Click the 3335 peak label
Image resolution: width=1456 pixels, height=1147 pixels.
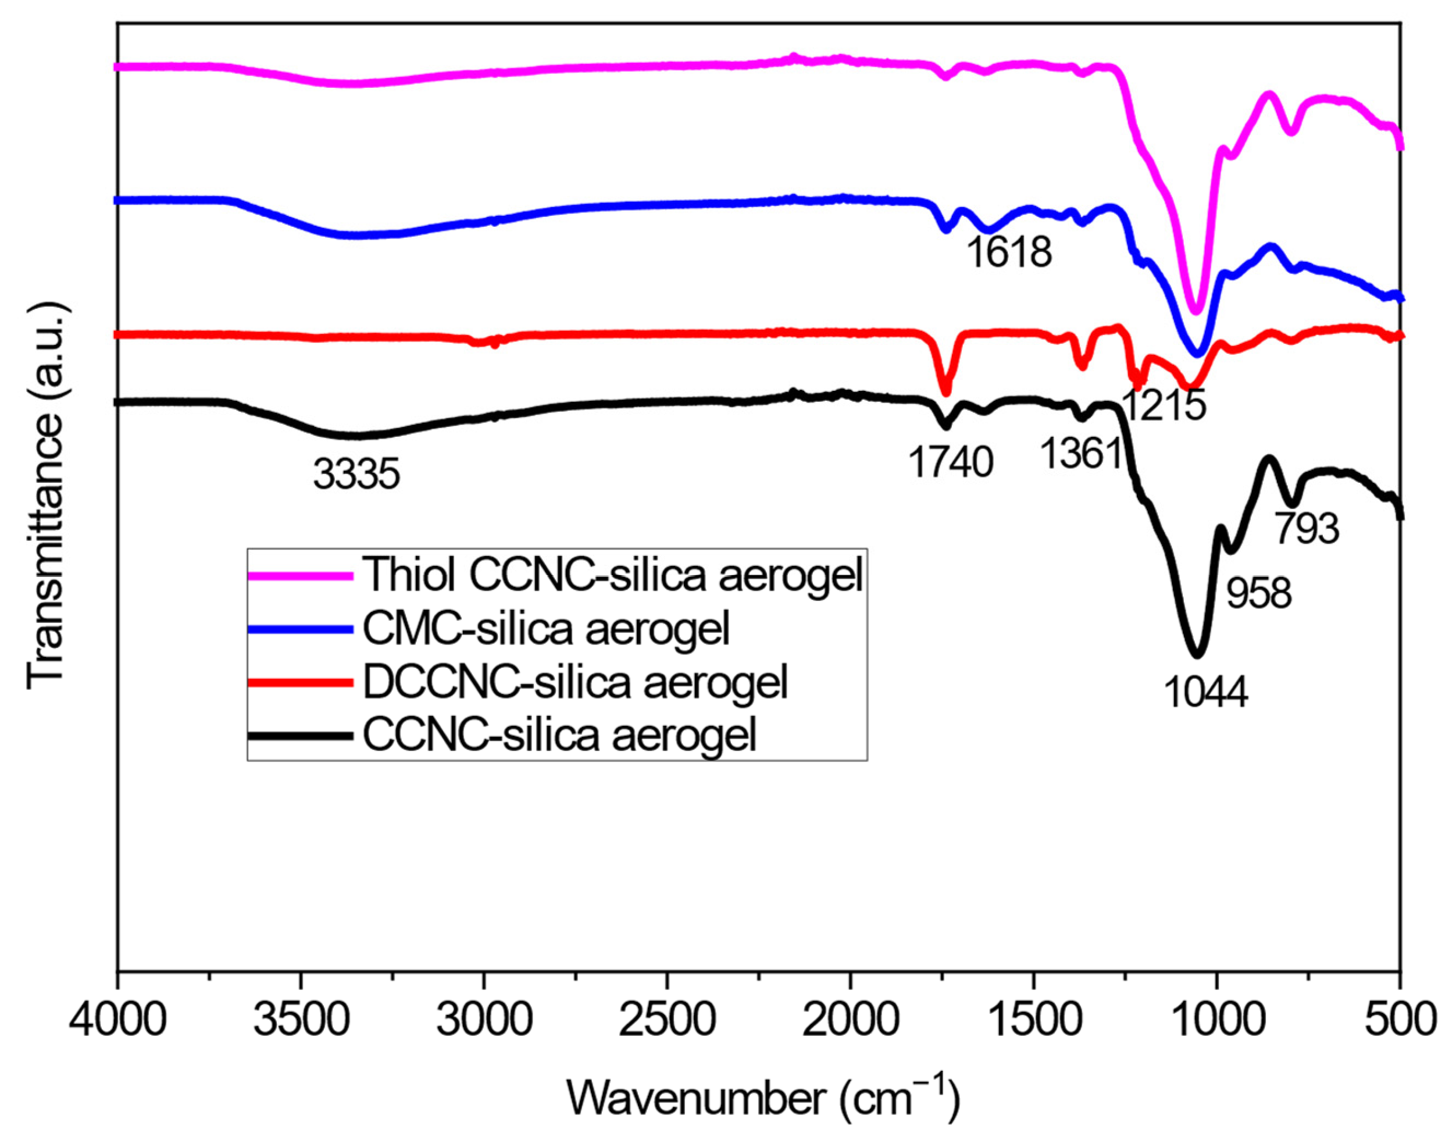pos(356,475)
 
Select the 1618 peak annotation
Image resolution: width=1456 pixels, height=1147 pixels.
pos(1009,253)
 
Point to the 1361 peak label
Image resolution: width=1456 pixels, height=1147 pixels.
pos(1082,455)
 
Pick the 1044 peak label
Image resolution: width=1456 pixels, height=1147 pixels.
pos(1205,692)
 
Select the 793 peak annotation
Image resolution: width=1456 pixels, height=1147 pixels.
pos(1307,529)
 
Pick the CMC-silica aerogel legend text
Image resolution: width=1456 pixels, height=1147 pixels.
pos(546,629)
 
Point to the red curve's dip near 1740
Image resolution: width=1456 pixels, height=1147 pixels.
pos(944,392)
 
